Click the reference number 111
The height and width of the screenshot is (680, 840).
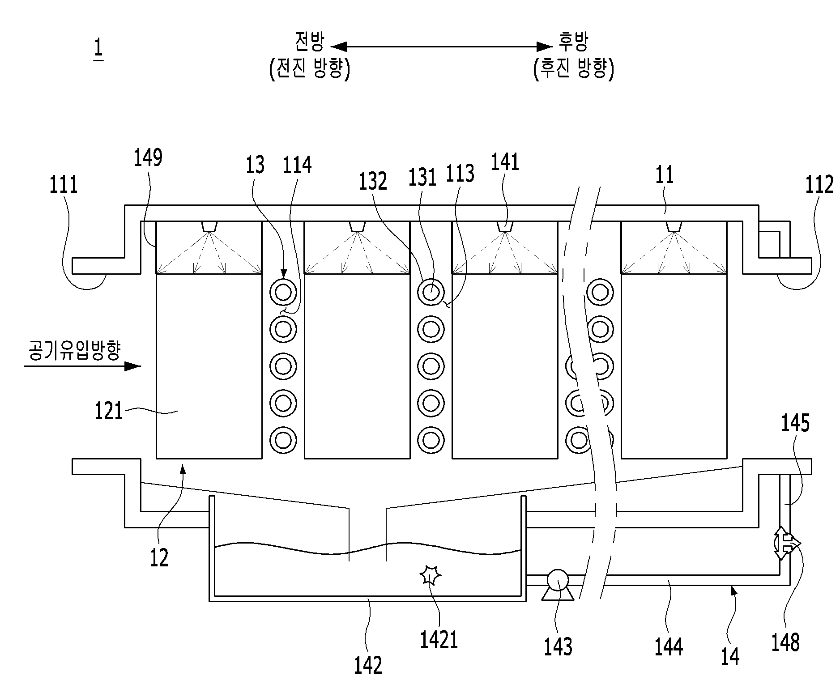(x=64, y=185)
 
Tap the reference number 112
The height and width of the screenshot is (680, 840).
(x=819, y=184)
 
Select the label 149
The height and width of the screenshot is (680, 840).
(x=148, y=158)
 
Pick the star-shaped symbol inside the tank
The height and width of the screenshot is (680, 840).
(x=431, y=575)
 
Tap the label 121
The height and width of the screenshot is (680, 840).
(x=109, y=411)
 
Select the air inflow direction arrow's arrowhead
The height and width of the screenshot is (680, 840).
(x=132, y=366)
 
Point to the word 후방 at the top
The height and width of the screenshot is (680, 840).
(x=573, y=42)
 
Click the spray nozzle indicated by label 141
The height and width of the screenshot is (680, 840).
(x=505, y=226)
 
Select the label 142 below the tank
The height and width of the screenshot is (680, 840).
(x=368, y=665)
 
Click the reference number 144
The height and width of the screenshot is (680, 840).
(x=669, y=647)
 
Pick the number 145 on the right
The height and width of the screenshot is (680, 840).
(x=795, y=423)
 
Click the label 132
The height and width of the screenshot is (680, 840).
(x=373, y=182)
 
